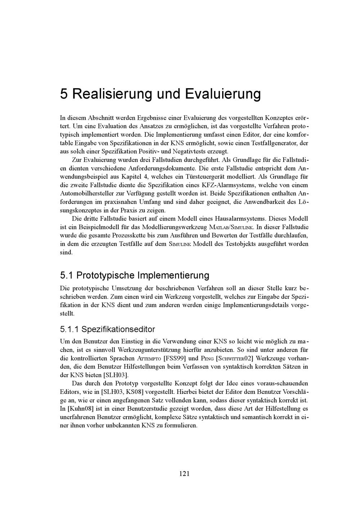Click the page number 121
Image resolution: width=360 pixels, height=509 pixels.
point(184,473)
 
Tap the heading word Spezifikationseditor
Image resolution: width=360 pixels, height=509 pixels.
point(118,329)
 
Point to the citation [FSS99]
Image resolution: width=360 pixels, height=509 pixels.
point(175,358)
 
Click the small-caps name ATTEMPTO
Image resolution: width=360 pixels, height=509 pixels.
point(149,359)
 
